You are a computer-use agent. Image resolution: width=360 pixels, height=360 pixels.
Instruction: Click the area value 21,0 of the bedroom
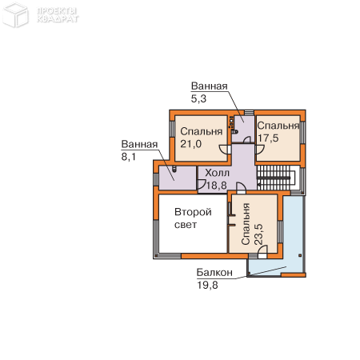pos(191,144)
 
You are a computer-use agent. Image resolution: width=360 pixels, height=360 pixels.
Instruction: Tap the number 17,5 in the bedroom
pos(268,138)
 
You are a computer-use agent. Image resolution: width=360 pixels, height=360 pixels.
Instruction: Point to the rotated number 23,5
pos(258,234)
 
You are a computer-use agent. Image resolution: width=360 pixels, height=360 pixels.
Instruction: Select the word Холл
pos(217,173)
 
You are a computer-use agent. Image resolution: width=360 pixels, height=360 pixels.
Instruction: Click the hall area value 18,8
pos(216,186)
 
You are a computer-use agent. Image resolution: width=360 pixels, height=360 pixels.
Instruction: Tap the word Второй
pos(193,212)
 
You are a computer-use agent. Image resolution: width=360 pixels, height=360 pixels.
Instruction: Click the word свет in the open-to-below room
pos(186,225)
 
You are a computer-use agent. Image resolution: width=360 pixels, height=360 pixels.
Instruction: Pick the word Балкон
pos(214,273)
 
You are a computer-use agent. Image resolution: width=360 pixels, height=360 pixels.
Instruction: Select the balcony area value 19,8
pos(207,285)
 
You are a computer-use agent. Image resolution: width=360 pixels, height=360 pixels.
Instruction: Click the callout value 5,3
pos(198,99)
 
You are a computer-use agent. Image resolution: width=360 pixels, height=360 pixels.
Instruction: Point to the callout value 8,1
pos(129,157)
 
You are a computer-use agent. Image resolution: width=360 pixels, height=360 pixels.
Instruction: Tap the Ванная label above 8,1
pos(139,144)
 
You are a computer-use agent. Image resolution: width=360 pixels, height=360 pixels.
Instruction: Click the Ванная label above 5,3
pos(210,86)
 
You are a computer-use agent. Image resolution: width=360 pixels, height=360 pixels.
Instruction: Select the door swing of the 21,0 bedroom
pos(225,149)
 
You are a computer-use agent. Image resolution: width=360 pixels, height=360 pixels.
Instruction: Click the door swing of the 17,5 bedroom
pos(259,150)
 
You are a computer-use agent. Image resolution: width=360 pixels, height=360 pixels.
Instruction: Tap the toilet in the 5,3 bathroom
pos(234,131)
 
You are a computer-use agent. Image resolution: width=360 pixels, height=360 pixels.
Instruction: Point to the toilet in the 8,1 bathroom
pos(174,169)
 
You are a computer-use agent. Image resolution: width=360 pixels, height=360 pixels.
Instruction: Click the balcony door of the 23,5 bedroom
pos(262,252)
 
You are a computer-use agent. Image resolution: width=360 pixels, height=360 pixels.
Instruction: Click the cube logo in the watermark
pos(15,15)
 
